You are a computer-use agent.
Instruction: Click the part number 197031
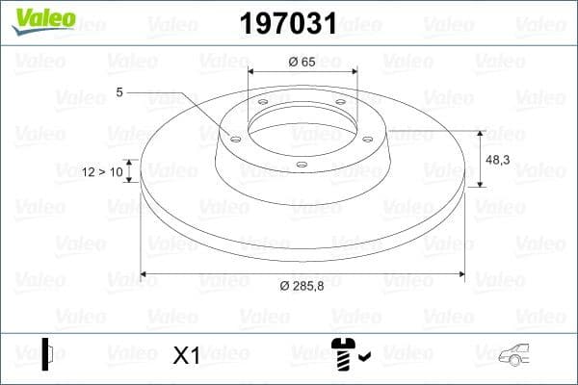coord(286,22)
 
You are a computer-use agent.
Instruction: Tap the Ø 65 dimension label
coord(302,62)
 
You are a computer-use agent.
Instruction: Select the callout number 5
coord(119,92)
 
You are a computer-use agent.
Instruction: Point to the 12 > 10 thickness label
coord(104,171)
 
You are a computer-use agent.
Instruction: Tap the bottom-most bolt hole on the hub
coord(302,165)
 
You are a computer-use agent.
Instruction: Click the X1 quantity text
coord(185,355)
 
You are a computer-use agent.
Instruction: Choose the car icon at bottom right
coord(518,355)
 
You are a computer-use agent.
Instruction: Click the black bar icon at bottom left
coord(45,353)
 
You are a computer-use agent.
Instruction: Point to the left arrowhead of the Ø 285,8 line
coord(144,273)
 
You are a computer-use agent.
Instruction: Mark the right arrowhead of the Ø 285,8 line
coord(461,273)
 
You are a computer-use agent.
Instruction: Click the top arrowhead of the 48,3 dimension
coord(480,134)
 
